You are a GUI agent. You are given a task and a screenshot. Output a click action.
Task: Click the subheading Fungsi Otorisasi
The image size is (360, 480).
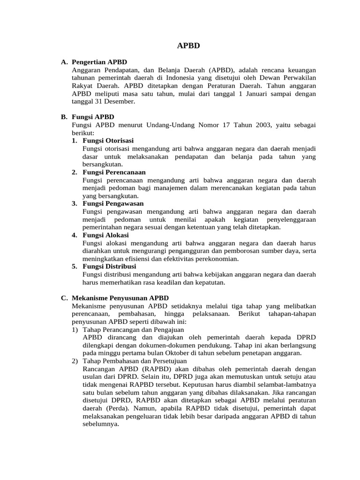[x=108, y=141]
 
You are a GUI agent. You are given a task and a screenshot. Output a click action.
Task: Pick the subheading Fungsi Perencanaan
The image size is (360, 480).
[x=114, y=172]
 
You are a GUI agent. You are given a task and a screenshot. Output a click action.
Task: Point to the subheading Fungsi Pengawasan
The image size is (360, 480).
[x=113, y=203]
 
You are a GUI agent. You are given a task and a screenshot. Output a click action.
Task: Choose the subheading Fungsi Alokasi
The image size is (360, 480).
[x=105, y=235]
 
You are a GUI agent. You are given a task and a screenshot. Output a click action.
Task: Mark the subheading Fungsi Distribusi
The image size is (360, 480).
[x=109, y=266]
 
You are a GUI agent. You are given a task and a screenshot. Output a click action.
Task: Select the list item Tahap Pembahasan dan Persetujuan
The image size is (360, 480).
[x=135, y=361]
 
